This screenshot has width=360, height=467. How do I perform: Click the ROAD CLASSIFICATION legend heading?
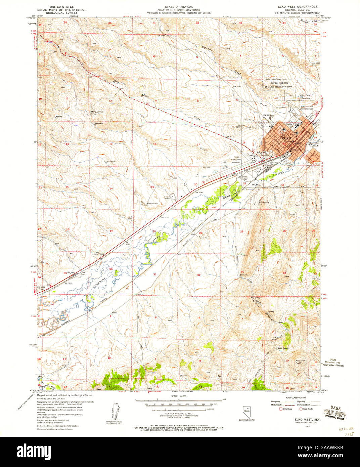291,397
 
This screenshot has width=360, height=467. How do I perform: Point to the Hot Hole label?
258,185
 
